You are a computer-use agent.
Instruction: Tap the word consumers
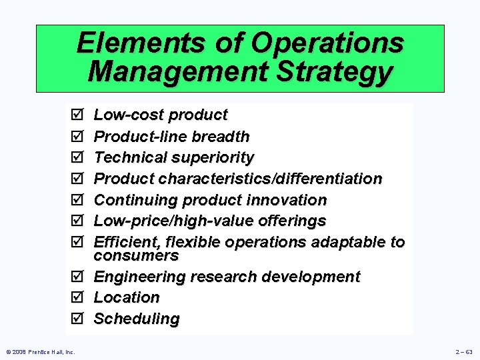tap(136, 255)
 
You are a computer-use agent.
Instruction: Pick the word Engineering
tap(139, 277)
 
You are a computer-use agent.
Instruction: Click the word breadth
tap(220, 137)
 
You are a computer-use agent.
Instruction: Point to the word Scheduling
tap(137, 319)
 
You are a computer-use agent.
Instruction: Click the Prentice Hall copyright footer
tap(41, 351)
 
